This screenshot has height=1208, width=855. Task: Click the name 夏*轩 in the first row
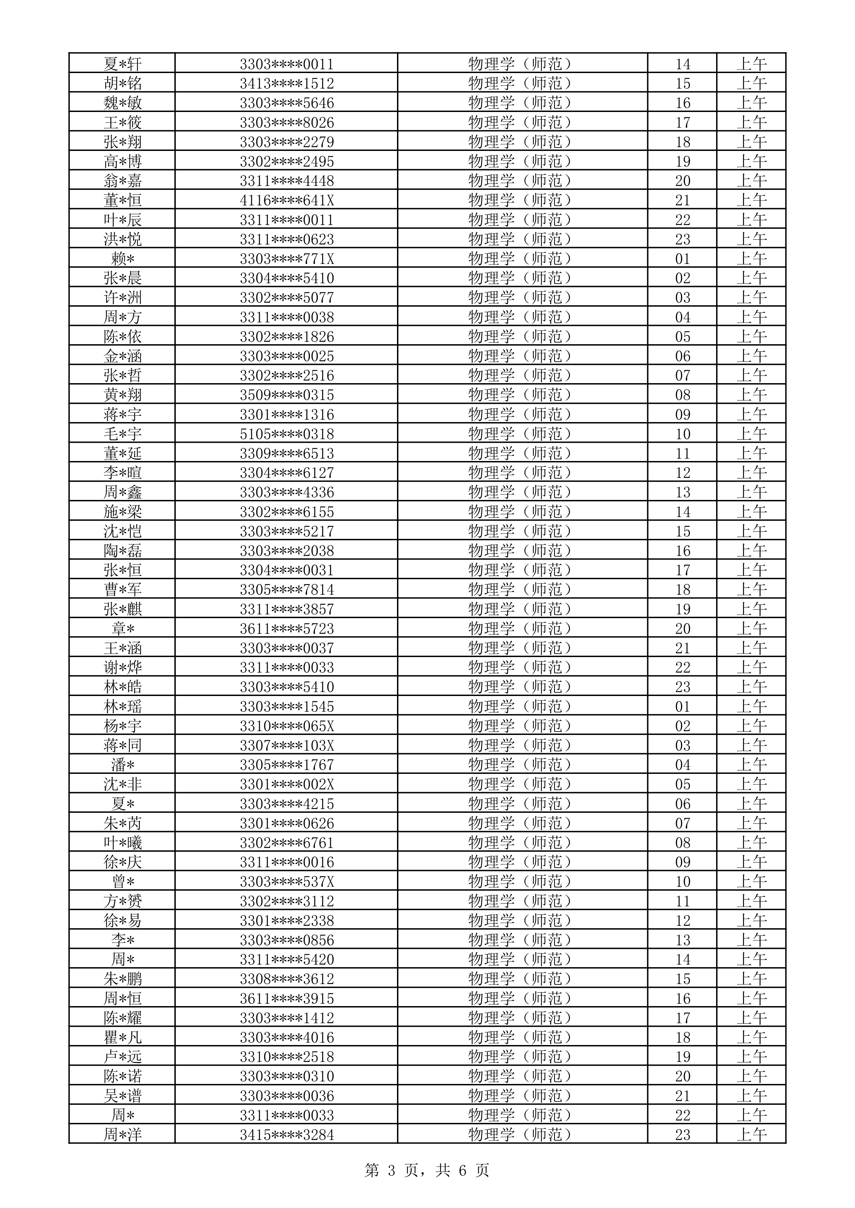[122, 64]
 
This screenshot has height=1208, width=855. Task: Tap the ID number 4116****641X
[286, 201]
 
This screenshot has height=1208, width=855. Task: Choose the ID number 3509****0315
[286, 395]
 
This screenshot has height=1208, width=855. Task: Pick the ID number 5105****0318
[286, 434]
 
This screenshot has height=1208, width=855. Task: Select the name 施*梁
[122, 512]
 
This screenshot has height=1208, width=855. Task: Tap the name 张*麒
[122, 610]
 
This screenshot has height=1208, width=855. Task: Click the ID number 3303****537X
[286, 882]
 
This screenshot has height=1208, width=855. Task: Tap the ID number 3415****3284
[286, 1135]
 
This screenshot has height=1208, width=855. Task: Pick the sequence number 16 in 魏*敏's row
[682, 103]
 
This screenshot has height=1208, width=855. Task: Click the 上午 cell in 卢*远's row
[751, 1057]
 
